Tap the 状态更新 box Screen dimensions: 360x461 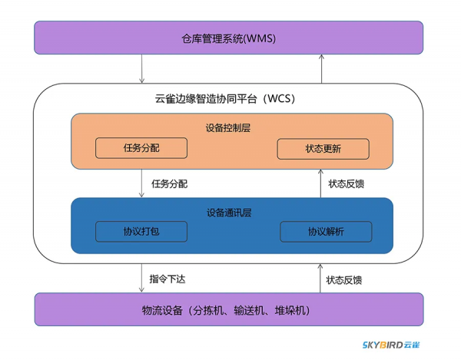(x=323, y=148)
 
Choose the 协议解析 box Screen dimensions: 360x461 (x=326, y=231)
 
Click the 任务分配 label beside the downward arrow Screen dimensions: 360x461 (x=169, y=184)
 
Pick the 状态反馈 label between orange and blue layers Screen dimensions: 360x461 (x=346, y=184)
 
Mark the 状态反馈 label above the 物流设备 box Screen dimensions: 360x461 (x=343, y=279)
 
